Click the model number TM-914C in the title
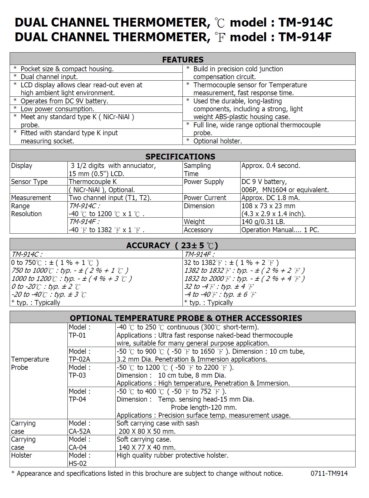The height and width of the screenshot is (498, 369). point(305,22)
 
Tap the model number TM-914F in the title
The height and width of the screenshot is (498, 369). point(305,37)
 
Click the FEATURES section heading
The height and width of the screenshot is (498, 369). point(183,60)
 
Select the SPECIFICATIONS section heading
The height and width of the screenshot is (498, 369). point(180,157)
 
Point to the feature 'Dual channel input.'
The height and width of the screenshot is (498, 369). point(49,77)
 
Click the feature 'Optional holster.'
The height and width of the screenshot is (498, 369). point(217,141)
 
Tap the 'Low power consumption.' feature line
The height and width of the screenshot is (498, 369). point(57,109)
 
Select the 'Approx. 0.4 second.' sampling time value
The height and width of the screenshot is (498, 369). point(271,166)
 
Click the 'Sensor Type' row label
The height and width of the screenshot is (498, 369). point(29,182)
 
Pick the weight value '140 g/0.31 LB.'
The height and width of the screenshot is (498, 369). point(263,222)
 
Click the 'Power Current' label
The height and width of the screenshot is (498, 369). point(205,198)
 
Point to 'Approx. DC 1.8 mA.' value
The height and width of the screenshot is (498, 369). point(270,198)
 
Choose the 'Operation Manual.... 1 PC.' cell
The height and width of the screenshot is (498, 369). point(280,230)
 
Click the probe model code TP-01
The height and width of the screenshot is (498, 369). point(77,335)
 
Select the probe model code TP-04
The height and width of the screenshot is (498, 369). point(77,399)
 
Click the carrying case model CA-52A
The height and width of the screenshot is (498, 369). point(80,431)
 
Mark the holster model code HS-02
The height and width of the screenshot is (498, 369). point(78,463)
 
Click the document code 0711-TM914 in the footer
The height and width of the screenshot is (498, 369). point(329,473)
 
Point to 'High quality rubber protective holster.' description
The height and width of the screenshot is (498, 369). point(172,455)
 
